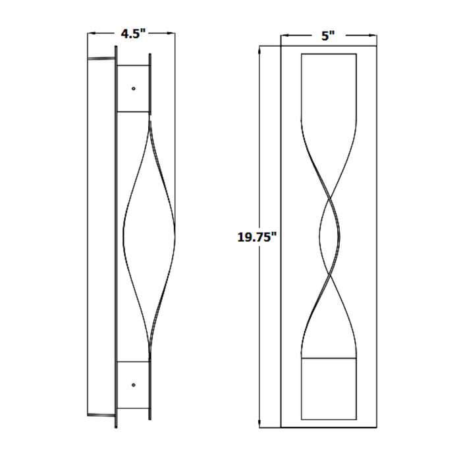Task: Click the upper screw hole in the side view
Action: coord(134,88)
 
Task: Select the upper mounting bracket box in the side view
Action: coord(134,88)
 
